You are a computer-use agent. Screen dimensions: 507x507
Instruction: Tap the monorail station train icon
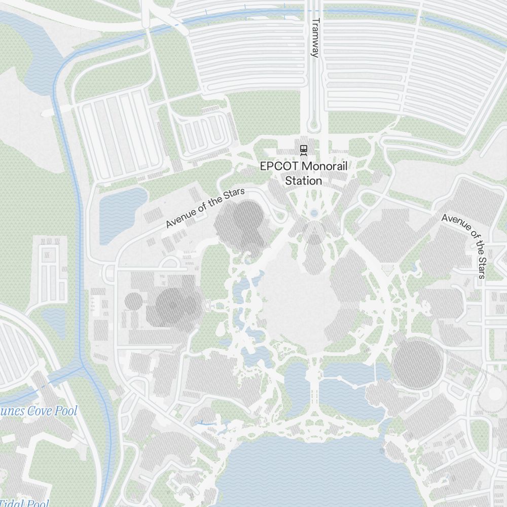click(x=304, y=149)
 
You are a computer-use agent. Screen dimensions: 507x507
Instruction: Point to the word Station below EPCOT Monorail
click(x=303, y=180)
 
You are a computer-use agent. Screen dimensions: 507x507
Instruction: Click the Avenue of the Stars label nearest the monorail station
click(x=205, y=208)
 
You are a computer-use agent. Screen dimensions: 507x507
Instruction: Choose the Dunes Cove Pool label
click(x=39, y=411)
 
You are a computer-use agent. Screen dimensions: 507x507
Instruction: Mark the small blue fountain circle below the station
click(x=314, y=213)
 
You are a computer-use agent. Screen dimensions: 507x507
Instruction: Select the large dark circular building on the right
click(x=417, y=365)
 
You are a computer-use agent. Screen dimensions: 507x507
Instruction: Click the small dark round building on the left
click(x=134, y=301)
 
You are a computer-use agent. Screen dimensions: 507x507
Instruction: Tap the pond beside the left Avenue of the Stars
click(x=120, y=213)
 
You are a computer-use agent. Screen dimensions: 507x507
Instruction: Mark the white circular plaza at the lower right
click(x=494, y=393)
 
